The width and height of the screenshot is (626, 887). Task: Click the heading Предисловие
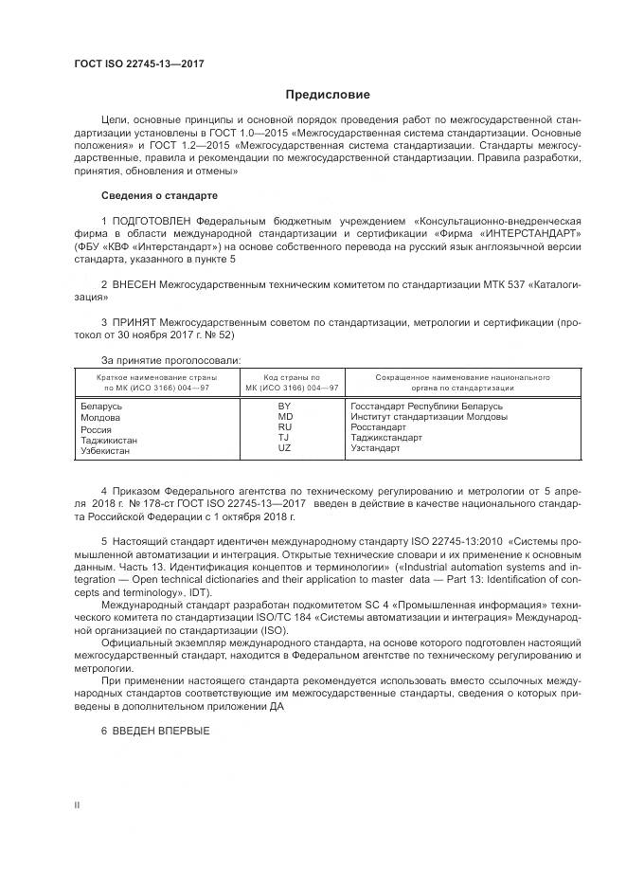[328, 95]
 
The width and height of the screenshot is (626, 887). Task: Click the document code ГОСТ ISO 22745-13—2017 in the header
[138, 64]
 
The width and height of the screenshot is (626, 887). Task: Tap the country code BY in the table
[284, 406]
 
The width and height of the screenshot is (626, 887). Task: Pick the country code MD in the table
[284, 416]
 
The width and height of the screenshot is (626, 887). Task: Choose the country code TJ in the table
[284, 438]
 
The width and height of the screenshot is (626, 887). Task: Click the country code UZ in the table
[284, 448]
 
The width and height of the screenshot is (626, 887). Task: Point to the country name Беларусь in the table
[102, 407]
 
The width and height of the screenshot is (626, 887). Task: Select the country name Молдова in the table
[100, 417]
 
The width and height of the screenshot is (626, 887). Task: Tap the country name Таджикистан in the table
[109, 440]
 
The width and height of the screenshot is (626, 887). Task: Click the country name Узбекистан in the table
[106, 451]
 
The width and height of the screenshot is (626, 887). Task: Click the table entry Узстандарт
[375, 448]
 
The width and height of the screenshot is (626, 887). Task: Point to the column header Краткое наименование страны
[154, 377]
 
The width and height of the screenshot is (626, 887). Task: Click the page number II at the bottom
[78, 806]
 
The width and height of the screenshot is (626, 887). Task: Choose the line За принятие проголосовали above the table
[170, 359]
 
